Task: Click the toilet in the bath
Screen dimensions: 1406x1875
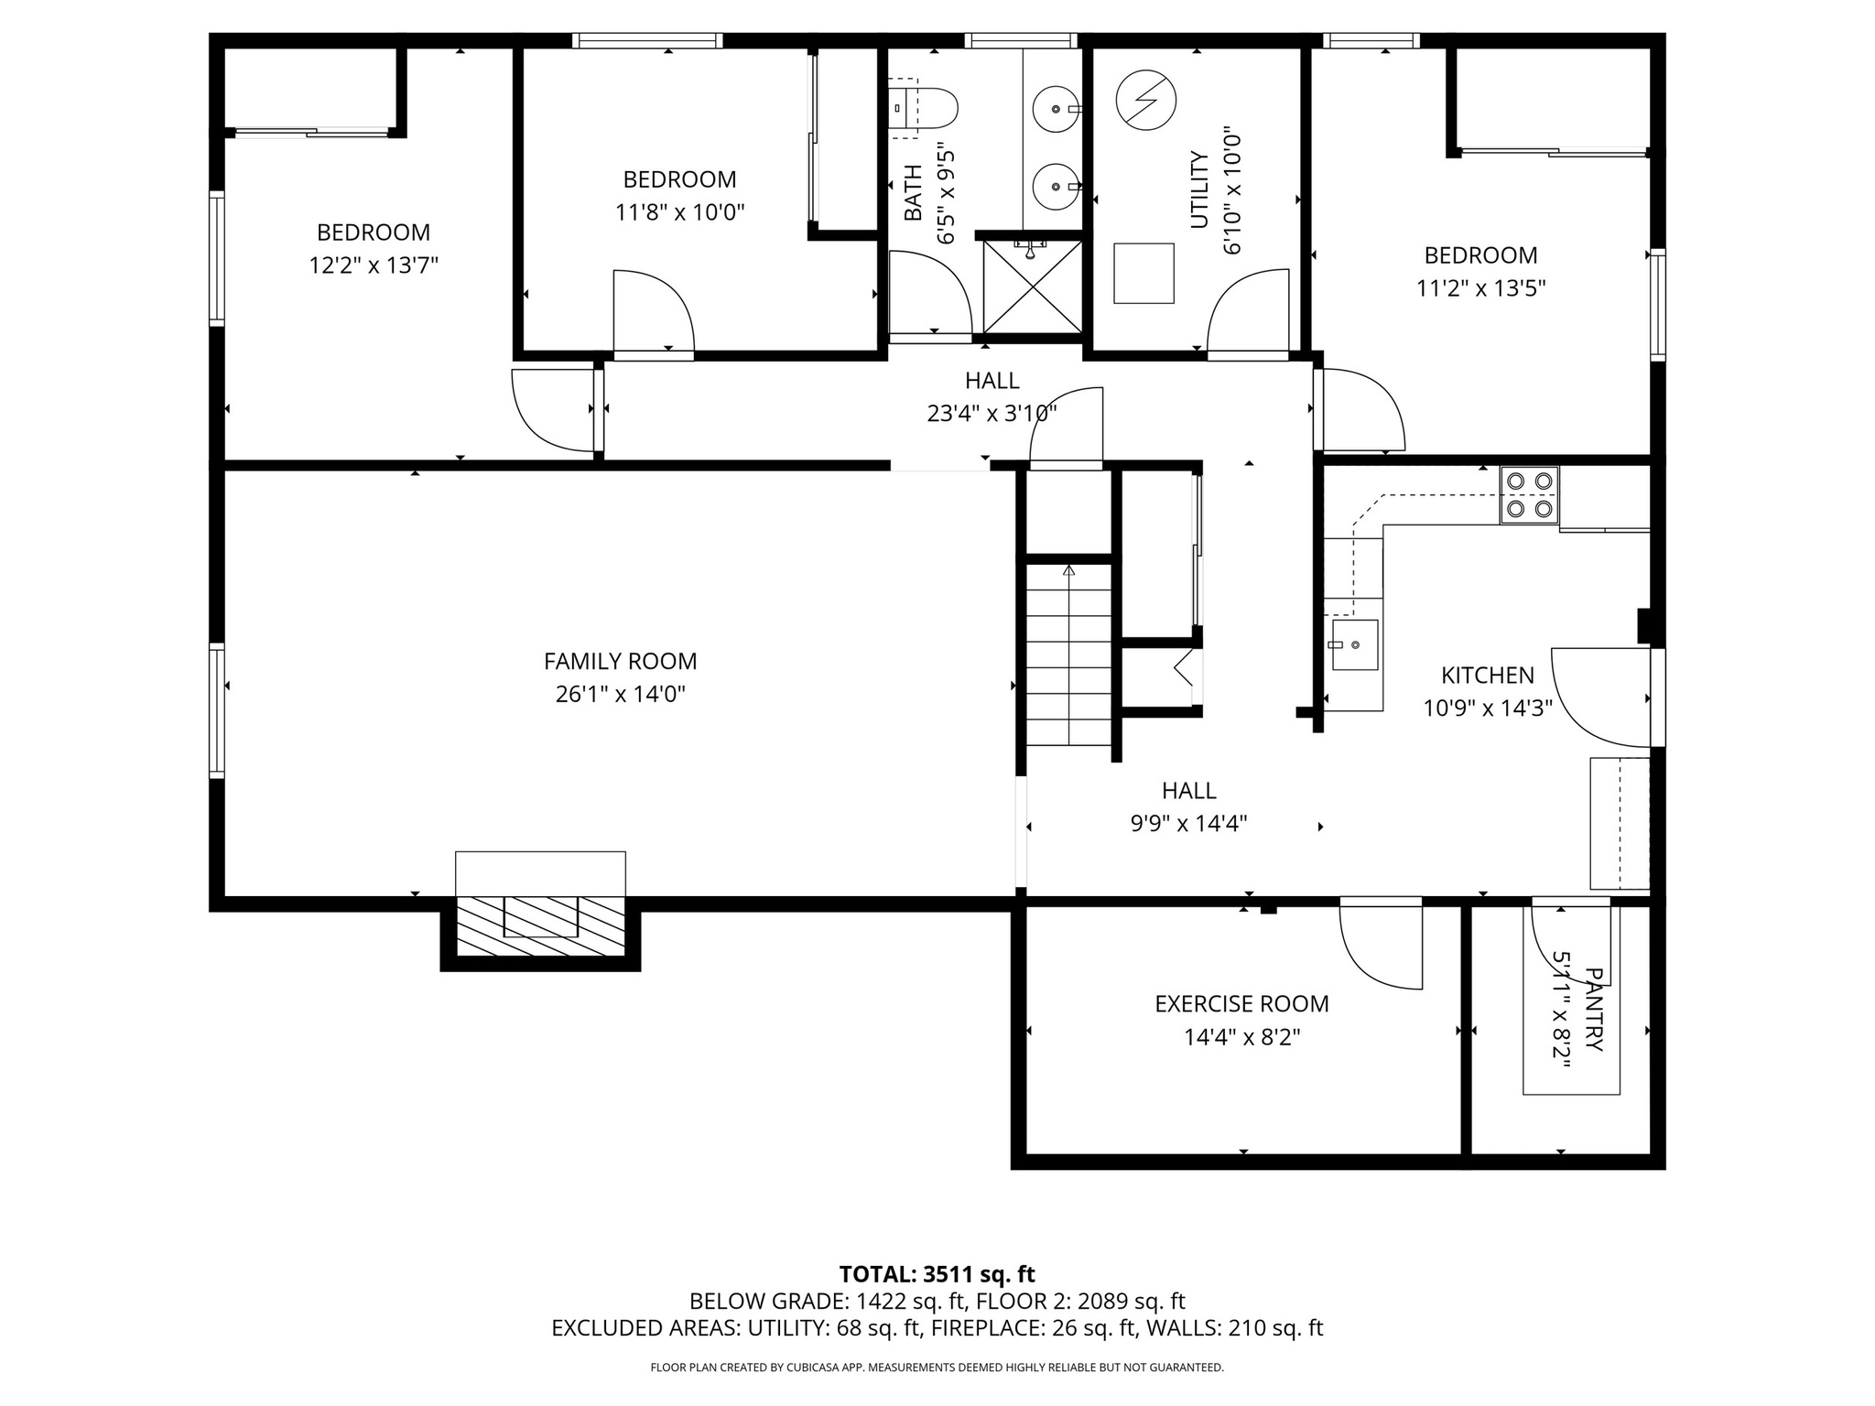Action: [x=925, y=109]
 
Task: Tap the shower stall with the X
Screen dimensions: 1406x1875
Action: [x=1032, y=287]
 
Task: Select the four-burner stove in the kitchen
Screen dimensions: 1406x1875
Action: [x=1529, y=494]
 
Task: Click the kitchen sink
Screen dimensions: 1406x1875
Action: [x=1353, y=644]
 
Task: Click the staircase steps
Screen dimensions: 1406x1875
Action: [x=1068, y=654]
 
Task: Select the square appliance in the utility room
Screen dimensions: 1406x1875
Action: [x=1143, y=273]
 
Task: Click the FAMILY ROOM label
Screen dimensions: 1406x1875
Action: [x=620, y=661]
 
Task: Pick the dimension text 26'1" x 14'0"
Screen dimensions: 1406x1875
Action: [x=620, y=695]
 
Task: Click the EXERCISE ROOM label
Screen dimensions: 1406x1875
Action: [x=1241, y=1004]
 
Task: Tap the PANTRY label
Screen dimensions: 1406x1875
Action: [x=1594, y=1010]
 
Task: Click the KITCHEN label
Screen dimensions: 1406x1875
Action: [x=1487, y=676]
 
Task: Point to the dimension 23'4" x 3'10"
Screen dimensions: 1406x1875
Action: [x=992, y=414]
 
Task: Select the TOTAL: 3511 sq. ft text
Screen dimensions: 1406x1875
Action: [x=937, y=1274]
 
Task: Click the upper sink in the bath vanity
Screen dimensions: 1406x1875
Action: [x=1055, y=109]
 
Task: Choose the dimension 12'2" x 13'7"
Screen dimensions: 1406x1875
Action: [x=373, y=266]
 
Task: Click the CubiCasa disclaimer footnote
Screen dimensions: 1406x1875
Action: [x=937, y=1368]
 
